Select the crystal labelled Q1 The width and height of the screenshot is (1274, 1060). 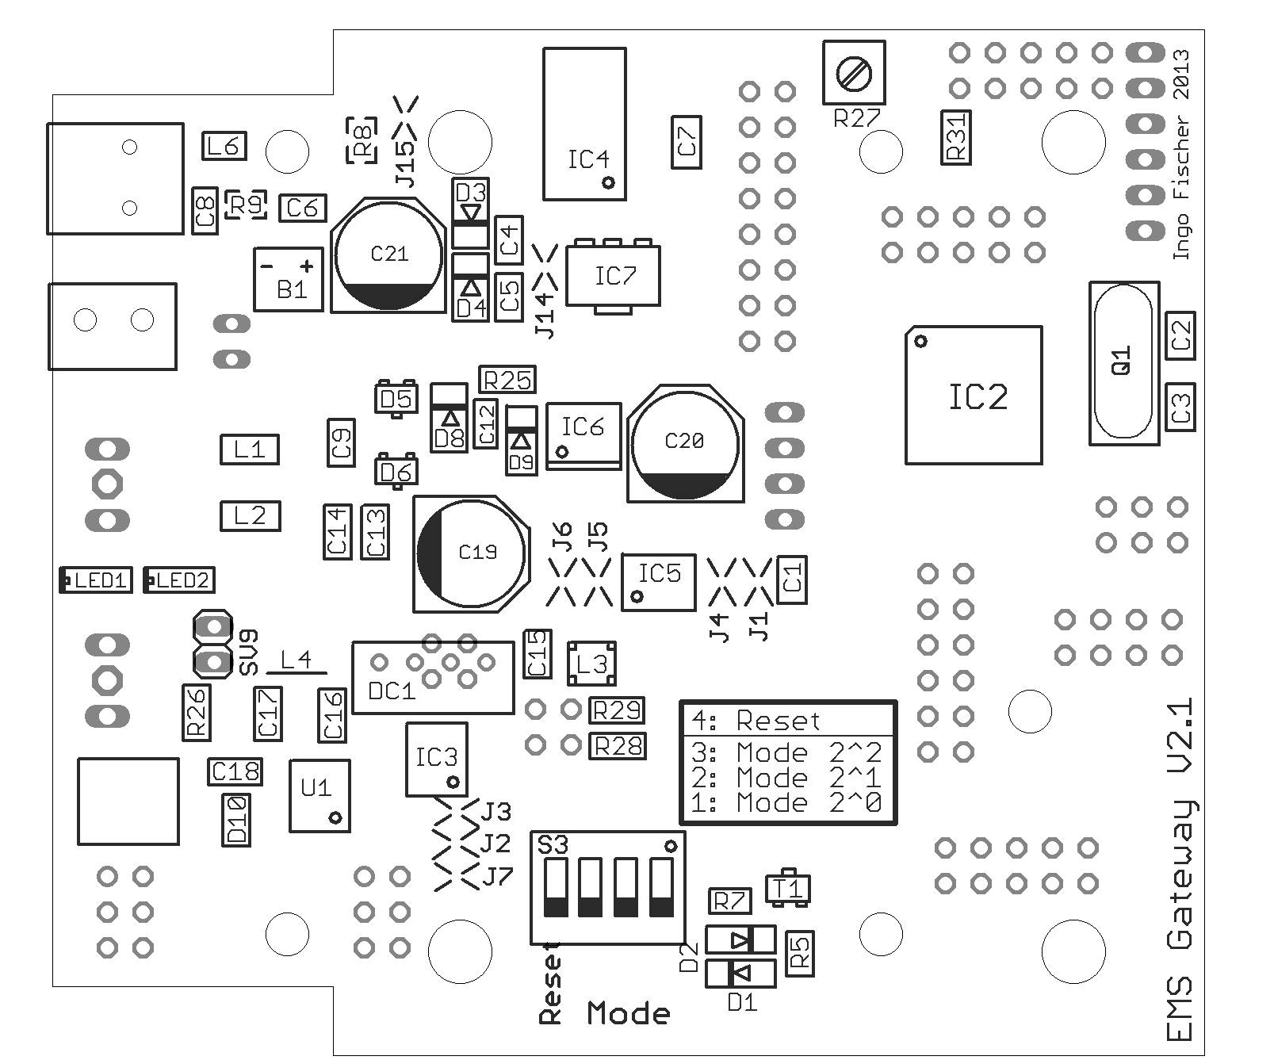(1121, 362)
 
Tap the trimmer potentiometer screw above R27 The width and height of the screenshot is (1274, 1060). (854, 74)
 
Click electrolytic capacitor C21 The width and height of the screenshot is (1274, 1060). (388, 255)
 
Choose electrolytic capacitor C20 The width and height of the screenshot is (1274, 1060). (686, 443)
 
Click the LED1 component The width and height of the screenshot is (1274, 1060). (96, 580)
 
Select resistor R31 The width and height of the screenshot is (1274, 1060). (956, 137)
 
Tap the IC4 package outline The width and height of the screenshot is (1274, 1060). (584, 124)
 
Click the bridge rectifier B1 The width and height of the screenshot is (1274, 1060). (289, 280)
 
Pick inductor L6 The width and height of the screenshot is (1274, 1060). (224, 146)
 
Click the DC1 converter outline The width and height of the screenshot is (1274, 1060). (433, 677)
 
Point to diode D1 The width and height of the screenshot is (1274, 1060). (740, 972)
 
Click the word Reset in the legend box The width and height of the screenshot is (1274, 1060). (778, 721)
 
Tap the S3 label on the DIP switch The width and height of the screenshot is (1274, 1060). (553, 845)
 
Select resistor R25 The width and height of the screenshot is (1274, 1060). (507, 380)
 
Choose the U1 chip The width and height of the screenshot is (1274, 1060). (319, 795)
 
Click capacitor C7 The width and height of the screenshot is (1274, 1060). (687, 142)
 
